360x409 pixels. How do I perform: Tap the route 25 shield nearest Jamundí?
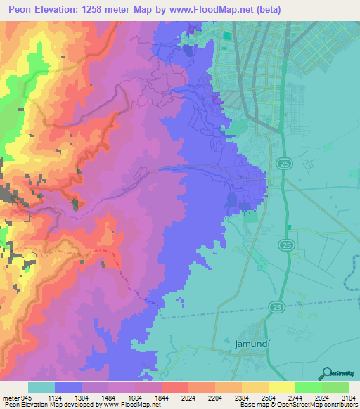point(275,307)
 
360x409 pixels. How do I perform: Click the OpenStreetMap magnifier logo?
point(325,373)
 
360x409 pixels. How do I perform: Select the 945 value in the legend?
point(27,397)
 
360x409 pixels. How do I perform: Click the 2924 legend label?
point(321,397)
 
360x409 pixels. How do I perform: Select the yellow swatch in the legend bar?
point(281,387)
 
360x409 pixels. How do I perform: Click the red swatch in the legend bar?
point(174,387)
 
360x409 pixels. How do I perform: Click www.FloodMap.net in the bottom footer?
point(139,405)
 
